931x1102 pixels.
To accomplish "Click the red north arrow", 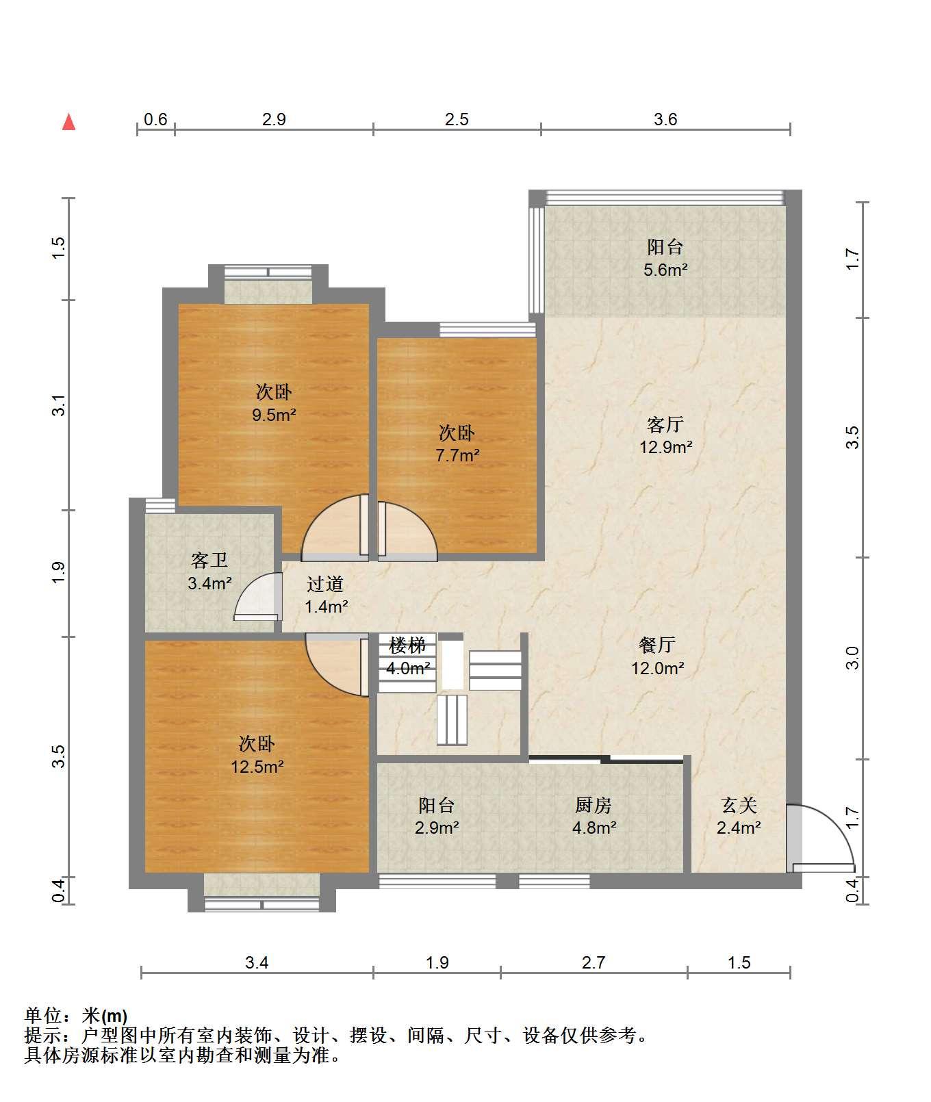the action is (68, 122).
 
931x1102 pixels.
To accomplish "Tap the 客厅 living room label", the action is (665, 424).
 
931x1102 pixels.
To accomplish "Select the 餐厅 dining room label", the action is (657, 645).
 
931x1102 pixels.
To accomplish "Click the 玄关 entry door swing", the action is (819, 838).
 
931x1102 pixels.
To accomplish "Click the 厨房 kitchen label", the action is (594, 805).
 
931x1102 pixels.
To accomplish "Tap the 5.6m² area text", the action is (665, 270).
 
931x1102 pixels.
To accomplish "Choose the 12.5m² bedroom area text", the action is (257, 767).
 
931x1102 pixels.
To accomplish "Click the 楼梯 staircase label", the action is (407, 645).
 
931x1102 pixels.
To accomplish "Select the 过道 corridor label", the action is (325, 584).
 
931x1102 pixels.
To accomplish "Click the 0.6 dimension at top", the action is (155, 120).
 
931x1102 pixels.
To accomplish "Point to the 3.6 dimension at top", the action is (665, 120).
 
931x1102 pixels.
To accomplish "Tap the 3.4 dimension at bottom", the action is (257, 962).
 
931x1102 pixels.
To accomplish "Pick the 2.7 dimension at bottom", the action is (594, 962).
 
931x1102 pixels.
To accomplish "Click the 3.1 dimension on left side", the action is (60, 405).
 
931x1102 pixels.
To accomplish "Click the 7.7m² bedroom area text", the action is (457, 454).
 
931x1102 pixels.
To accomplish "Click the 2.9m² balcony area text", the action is (437, 828).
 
